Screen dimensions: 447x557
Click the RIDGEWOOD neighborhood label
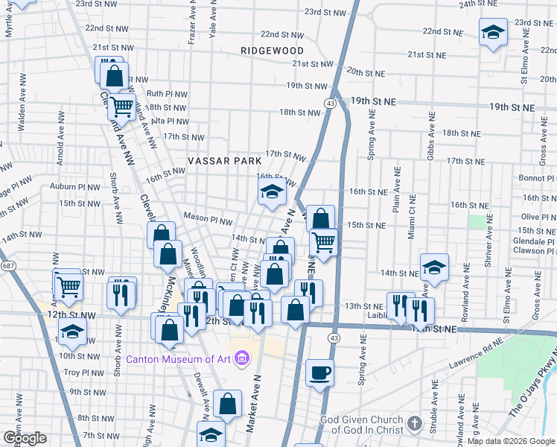tap(272, 50)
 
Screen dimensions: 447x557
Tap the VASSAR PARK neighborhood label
tap(224, 160)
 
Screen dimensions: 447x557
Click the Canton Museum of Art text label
tap(179, 359)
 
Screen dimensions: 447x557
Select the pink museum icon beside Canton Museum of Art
tap(241, 360)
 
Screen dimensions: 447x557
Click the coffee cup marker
tap(320, 372)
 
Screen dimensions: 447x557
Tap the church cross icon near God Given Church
tap(414, 425)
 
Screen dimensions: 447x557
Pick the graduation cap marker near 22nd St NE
tap(492, 33)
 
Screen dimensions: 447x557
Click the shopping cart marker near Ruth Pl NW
tap(121, 106)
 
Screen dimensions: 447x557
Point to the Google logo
tap(25, 437)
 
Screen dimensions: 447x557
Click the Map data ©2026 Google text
tap(511, 441)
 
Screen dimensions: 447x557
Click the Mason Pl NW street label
tap(209, 221)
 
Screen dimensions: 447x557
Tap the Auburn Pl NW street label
tap(74, 186)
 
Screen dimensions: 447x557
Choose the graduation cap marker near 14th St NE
tap(434, 266)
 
